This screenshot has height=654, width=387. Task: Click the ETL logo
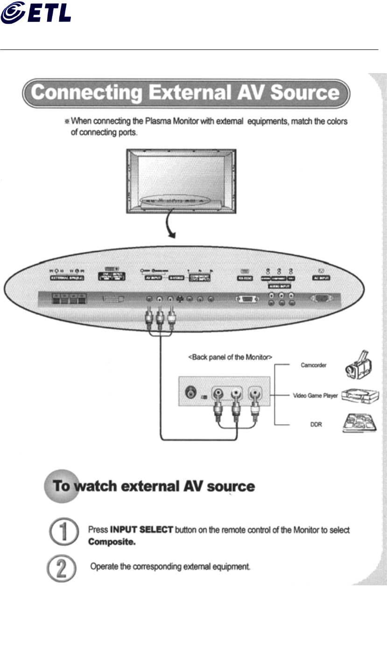coord(36,12)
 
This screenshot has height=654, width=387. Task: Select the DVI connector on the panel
coord(111,299)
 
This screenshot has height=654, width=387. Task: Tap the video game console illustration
coord(360,396)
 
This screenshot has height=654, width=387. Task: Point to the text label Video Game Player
coord(315,396)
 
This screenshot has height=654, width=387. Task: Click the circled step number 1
coord(62,533)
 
